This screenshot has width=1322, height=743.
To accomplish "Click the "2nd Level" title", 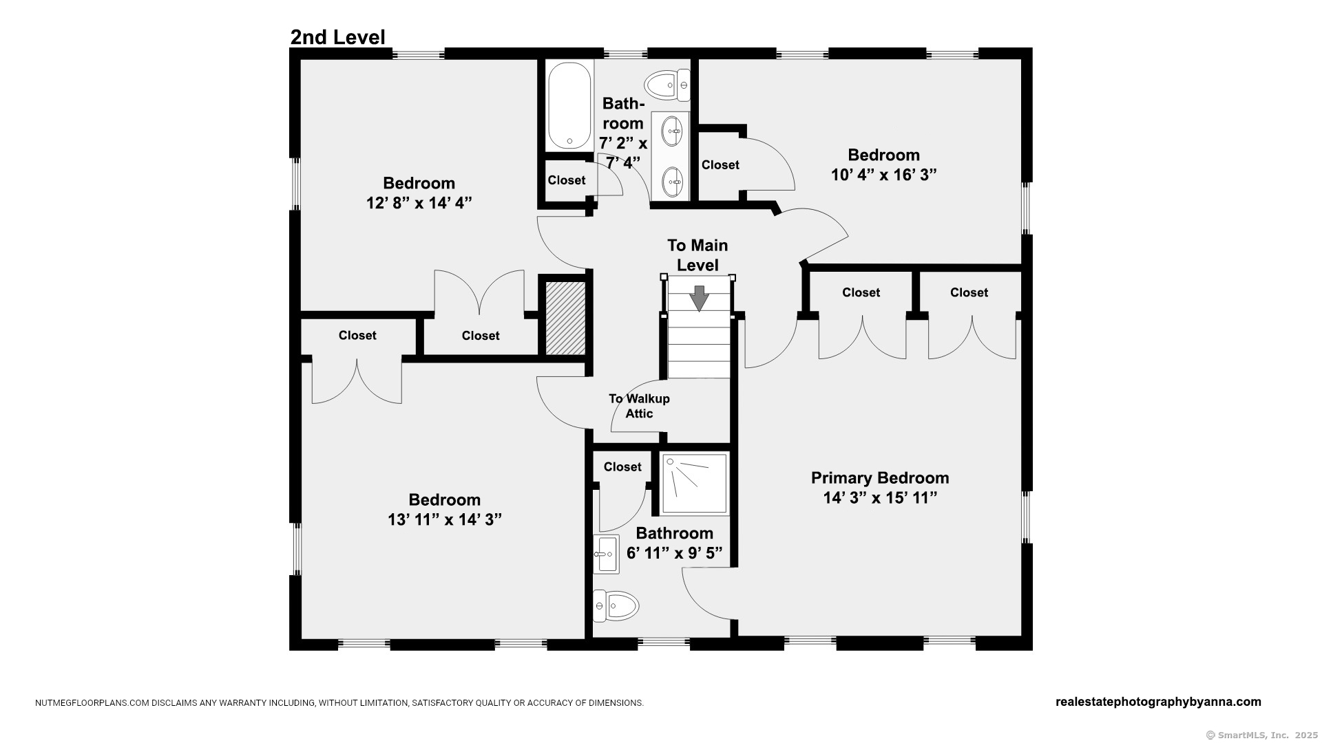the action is click(337, 37).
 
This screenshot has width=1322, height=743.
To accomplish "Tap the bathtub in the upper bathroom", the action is click(569, 106).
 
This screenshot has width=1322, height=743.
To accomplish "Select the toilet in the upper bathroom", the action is click(667, 85).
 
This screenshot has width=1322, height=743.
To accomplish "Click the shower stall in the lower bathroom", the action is click(695, 484).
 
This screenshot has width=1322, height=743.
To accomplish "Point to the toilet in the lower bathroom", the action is click(616, 606).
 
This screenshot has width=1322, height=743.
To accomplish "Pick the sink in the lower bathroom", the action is click(606, 554).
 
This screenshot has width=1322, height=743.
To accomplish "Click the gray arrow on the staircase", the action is click(700, 298).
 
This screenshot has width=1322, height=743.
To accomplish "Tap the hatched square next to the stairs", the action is click(565, 318).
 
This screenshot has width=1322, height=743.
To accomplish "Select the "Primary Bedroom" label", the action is click(880, 477).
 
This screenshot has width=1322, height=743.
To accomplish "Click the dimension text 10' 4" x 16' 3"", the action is click(884, 175).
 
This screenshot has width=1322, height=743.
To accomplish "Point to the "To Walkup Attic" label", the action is click(639, 406).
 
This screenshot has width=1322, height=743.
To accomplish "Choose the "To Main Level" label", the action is click(697, 255).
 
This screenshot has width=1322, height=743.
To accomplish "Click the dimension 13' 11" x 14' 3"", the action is click(445, 519).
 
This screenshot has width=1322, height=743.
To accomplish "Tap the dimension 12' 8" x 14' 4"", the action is click(419, 203).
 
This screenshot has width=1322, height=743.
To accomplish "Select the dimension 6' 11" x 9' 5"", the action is click(675, 552).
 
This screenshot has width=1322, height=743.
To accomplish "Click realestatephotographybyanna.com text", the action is click(1158, 702).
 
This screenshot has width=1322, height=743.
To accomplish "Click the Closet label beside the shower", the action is click(622, 467).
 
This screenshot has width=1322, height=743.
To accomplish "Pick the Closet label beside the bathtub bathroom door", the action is click(567, 180).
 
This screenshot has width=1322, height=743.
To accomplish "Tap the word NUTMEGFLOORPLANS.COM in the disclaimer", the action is click(92, 703).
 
